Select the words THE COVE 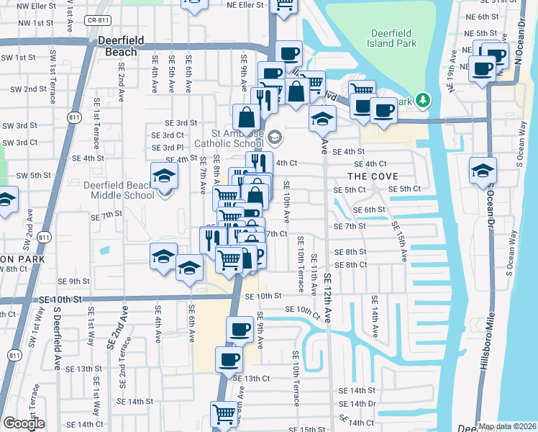pyautogui.click(x=368, y=176)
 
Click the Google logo pyautogui.click(x=23, y=423)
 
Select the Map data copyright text pyautogui.click(x=507, y=426)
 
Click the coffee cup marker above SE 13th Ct pyautogui.click(x=229, y=359)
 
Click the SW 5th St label pyautogui.click(x=33, y=175)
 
